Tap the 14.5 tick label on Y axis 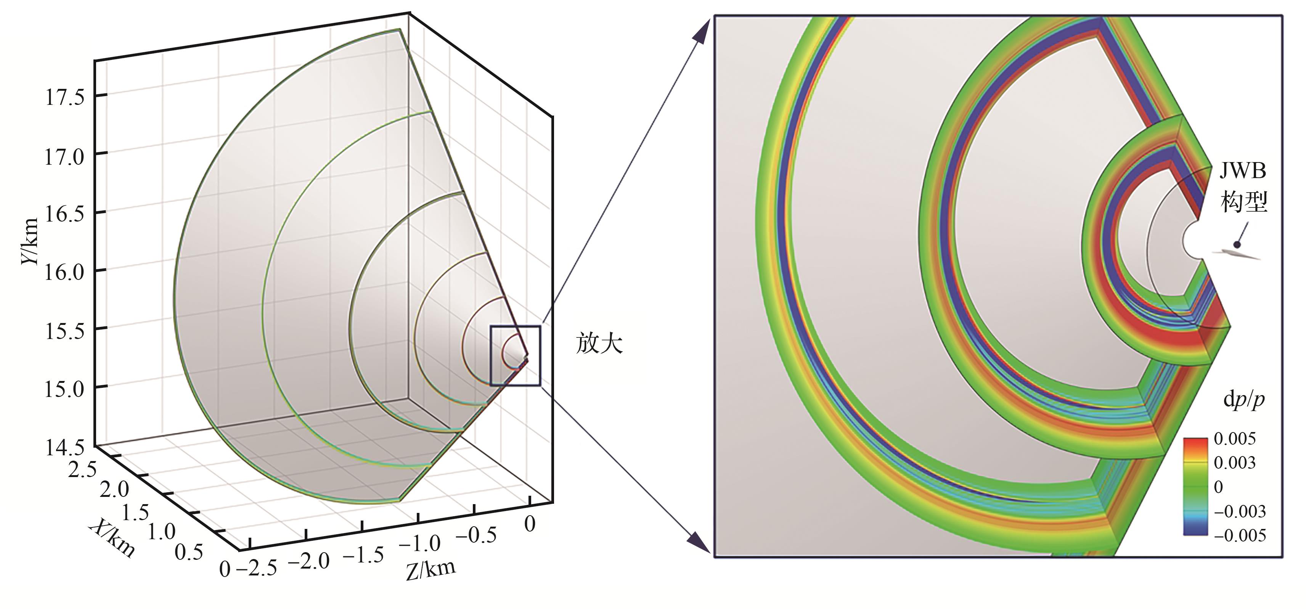tap(64, 448)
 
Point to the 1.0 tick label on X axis tap(162, 532)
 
